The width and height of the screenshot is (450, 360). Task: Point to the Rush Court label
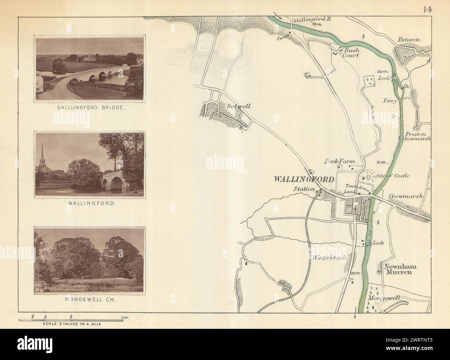pyautogui.click(x=350, y=52)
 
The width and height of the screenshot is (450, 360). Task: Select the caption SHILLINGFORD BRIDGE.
pyautogui.click(x=90, y=108)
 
